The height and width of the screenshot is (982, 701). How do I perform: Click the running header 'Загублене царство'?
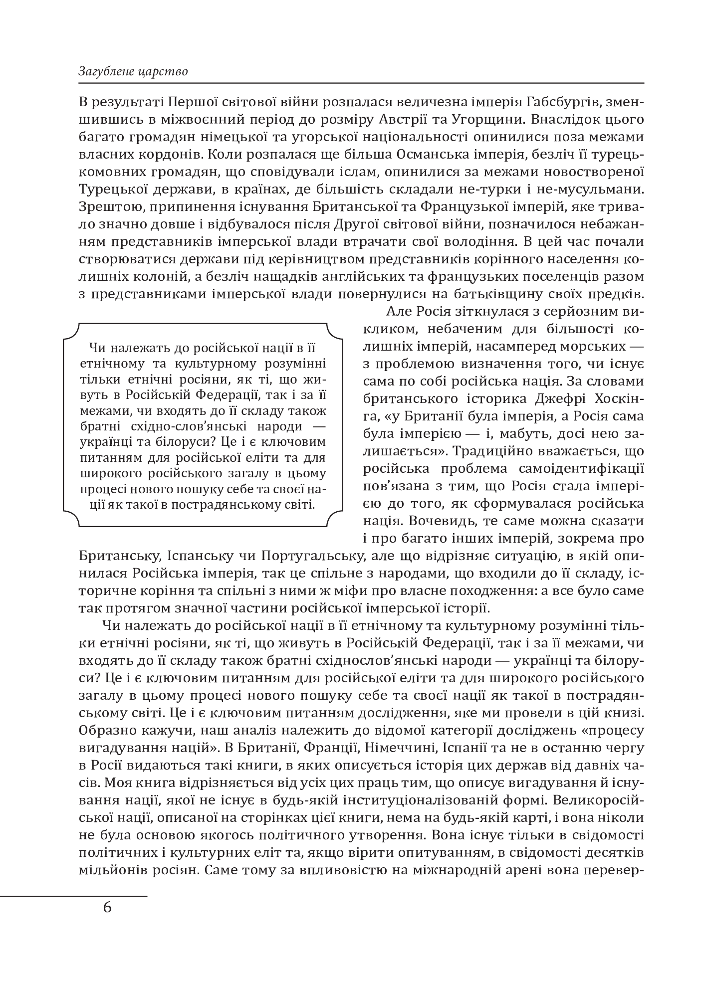(133, 71)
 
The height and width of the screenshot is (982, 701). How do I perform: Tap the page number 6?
(107, 906)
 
